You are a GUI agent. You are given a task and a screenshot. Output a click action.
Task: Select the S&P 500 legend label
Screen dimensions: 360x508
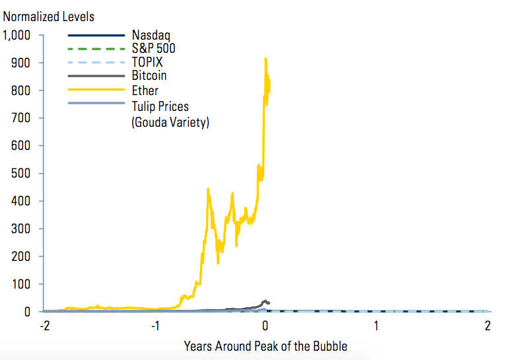pyautogui.click(x=153, y=48)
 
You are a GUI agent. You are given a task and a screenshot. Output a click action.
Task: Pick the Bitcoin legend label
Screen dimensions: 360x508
pyautogui.click(x=149, y=76)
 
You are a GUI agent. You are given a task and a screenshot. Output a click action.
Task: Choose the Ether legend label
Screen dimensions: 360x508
pyautogui.click(x=145, y=90)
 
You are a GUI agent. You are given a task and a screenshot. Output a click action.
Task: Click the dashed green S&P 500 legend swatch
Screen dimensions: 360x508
pyautogui.click(x=96, y=48)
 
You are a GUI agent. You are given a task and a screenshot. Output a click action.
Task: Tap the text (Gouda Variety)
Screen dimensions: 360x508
pyautogui.click(x=170, y=122)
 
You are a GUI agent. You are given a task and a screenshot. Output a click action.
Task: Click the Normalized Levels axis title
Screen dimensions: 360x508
pyautogui.click(x=49, y=16)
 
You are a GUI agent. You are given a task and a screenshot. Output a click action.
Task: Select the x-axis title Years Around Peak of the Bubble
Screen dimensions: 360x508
pyautogui.click(x=265, y=345)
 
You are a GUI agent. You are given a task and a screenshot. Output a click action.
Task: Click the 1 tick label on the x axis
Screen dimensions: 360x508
pyautogui.click(x=376, y=326)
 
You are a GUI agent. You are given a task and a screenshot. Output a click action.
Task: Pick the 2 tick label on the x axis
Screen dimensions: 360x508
pyautogui.click(x=487, y=326)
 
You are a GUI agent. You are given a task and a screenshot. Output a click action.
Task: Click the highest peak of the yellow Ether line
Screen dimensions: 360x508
pyautogui.click(x=266, y=59)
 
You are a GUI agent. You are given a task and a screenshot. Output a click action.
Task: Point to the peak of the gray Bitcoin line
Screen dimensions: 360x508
pyautogui.click(x=266, y=301)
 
